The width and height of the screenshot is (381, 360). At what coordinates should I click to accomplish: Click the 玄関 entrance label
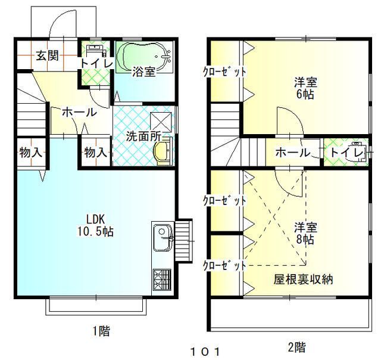pos(48,55)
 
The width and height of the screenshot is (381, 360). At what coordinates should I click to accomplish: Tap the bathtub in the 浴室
pos(145,57)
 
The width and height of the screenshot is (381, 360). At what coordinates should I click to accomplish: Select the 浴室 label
pos(143,72)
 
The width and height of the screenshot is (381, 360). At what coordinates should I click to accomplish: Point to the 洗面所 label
pos(143,136)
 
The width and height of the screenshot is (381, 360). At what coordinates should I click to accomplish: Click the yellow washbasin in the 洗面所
pos(163,151)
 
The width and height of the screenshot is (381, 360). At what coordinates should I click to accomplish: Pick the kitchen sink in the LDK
pos(162,237)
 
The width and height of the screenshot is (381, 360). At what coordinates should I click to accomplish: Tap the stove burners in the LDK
pos(161,280)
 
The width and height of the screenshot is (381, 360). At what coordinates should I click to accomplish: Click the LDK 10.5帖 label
pos(95,225)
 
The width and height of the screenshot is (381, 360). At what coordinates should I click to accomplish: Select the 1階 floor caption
pos(101,331)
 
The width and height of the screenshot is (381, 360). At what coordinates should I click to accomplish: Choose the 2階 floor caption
pos(297,347)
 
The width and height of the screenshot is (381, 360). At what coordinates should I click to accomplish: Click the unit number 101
pos(205,352)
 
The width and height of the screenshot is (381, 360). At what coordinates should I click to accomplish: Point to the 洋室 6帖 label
pos(305,88)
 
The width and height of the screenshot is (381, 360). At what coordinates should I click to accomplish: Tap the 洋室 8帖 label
pos(305,233)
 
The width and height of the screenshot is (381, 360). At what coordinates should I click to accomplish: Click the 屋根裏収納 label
pos(303,280)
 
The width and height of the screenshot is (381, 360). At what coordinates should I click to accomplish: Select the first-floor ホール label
pos(79,112)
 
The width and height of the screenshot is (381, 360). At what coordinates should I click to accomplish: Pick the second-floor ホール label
pos(293,153)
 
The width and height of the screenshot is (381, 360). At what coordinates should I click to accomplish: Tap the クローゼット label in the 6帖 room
pos(224,72)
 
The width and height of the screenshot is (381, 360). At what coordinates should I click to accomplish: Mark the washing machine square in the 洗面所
pos(161,121)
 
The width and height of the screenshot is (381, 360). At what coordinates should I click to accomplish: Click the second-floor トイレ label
pos(347,153)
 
